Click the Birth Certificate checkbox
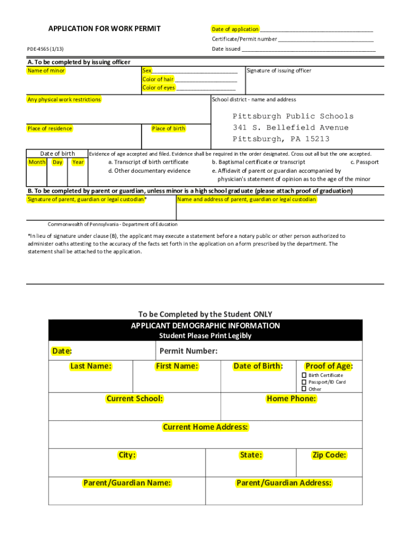(x=304, y=375)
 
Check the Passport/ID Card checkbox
(x=304, y=382)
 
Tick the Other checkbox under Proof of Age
(x=304, y=389)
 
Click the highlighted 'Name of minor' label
(x=46, y=71)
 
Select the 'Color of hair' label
(x=158, y=79)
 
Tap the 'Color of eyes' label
(x=159, y=88)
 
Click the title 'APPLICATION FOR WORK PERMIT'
(x=104, y=28)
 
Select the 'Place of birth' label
(x=169, y=129)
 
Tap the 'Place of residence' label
(x=50, y=129)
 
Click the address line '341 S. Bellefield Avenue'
(x=290, y=128)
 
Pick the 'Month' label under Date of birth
(x=37, y=162)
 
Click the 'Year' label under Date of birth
(x=78, y=162)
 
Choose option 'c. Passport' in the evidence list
(x=364, y=162)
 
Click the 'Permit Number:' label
(x=188, y=351)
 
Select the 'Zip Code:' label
(x=329, y=455)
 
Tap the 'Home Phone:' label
(x=291, y=399)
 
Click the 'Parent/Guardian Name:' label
(x=127, y=483)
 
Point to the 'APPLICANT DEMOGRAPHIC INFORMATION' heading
(x=205, y=326)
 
